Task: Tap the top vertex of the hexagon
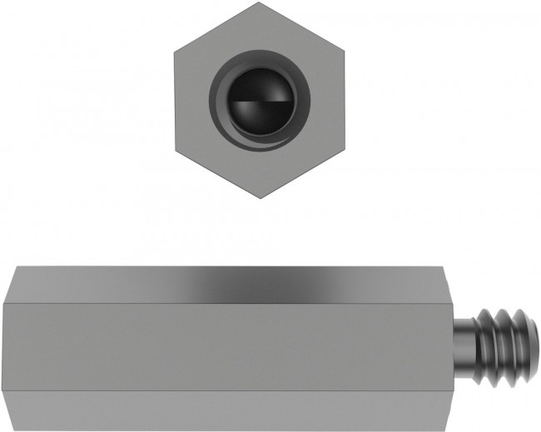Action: (x=260, y=2)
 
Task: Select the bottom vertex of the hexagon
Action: (x=260, y=198)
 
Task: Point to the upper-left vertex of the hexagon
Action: (x=175, y=52)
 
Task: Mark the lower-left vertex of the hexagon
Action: (x=175, y=150)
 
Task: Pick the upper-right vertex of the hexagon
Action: (x=345, y=52)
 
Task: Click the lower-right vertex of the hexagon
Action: (x=345, y=150)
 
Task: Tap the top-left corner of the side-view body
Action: (x=15, y=266)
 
